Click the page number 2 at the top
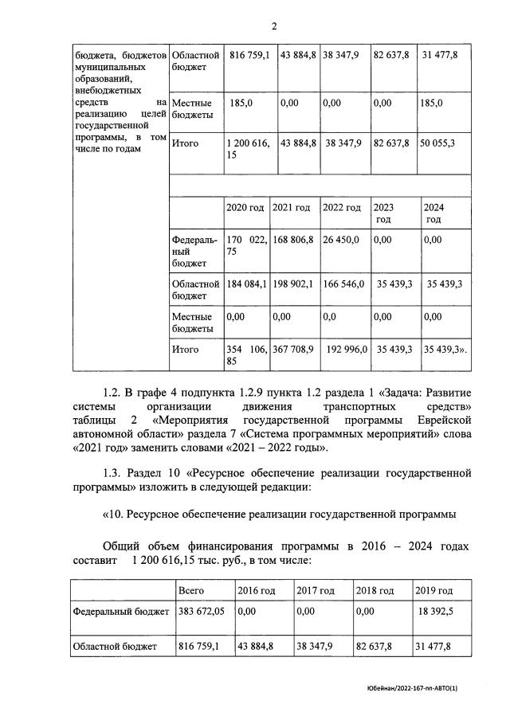[x=273, y=25]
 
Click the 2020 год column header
[x=245, y=207]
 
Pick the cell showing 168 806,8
[x=292, y=239]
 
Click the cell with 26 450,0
[x=341, y=239]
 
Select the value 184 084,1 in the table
[x=246, y=284]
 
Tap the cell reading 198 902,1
[x=292, y=284]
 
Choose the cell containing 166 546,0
[x=343, y=284]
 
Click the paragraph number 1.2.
[x=118, y=393]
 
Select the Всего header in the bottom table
[x=191, y=590]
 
